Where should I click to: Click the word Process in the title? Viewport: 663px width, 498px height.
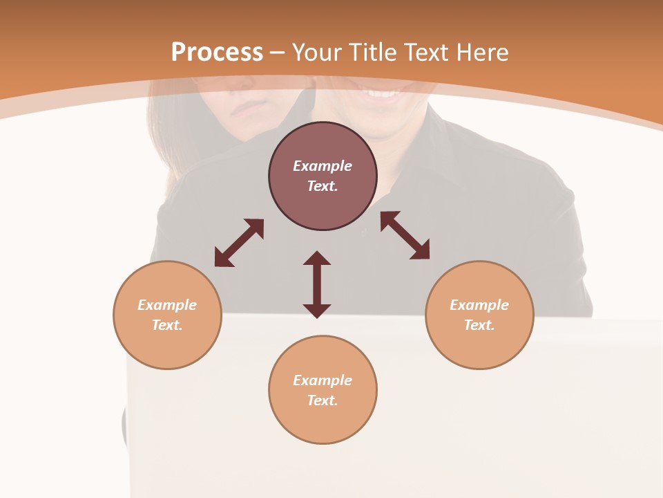[217, 52]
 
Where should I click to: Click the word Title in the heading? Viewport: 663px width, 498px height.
[372, 52]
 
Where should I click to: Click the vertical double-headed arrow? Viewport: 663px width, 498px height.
[317, 285]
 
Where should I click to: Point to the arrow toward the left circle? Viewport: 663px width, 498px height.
[239, 243]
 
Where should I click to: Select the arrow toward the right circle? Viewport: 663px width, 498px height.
[405, 235]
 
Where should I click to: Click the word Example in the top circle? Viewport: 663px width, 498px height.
[323, 166]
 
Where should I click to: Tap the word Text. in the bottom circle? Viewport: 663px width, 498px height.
[323, 400]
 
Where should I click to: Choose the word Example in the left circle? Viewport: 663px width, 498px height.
[167, 305]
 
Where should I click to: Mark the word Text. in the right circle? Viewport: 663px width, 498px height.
[479, 325]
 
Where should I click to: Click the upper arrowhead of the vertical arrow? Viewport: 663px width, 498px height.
[317, 259]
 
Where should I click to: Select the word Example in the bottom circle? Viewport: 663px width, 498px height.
[323, 380]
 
